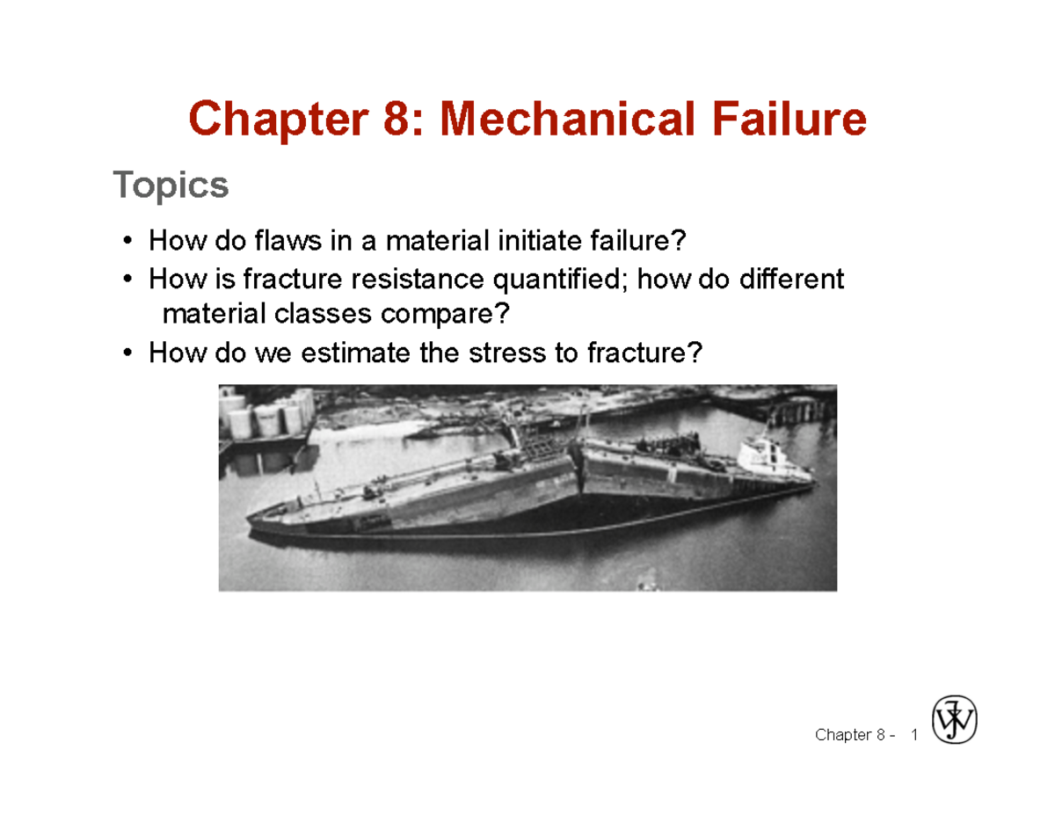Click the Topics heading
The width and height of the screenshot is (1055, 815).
click(x=171, y=186)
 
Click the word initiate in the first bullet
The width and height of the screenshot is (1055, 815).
click(x=540, y=240)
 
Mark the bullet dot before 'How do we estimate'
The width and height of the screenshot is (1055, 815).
click(x=128, y=353)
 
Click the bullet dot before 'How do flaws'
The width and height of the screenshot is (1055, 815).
click(x=128, y=240)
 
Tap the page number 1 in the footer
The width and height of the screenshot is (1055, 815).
click(x=915, y=734)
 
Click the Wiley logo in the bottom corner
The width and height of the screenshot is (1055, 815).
click(x=955, y=721)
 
